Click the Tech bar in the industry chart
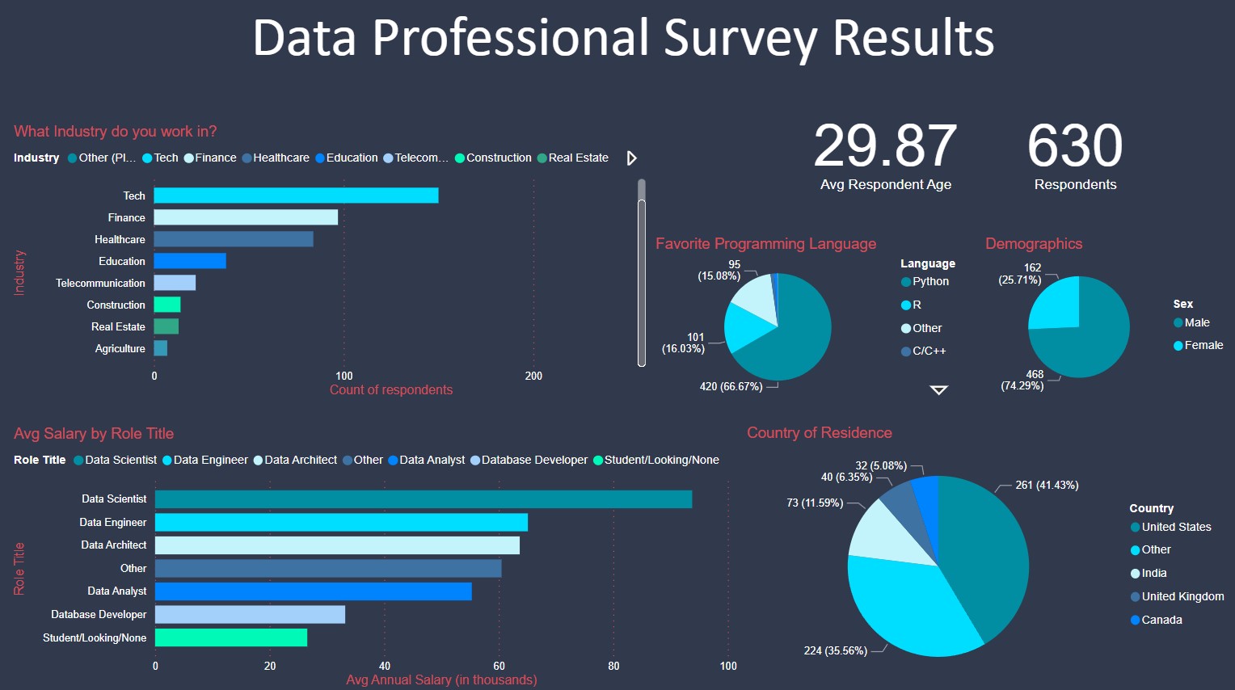tap(296, 196)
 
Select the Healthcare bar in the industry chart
tap(234, 239)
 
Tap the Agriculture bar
tap(161, 348)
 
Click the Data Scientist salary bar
tap(423, 499)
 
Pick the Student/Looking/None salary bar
tap(231, 637)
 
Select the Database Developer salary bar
tap(250, 614)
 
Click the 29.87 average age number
tap(885, 146)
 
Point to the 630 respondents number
tap(1075, 146)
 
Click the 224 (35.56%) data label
tap(835, 650)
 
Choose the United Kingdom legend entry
tap(1182, 596)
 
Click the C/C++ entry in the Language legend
tap(928, 351)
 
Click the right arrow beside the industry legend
tap(632, 158)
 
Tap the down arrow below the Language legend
tap(938, 390)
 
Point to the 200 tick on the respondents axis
tap(533, 376)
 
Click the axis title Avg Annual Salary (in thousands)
tap(441, 679)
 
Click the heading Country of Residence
tap(819, 432)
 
